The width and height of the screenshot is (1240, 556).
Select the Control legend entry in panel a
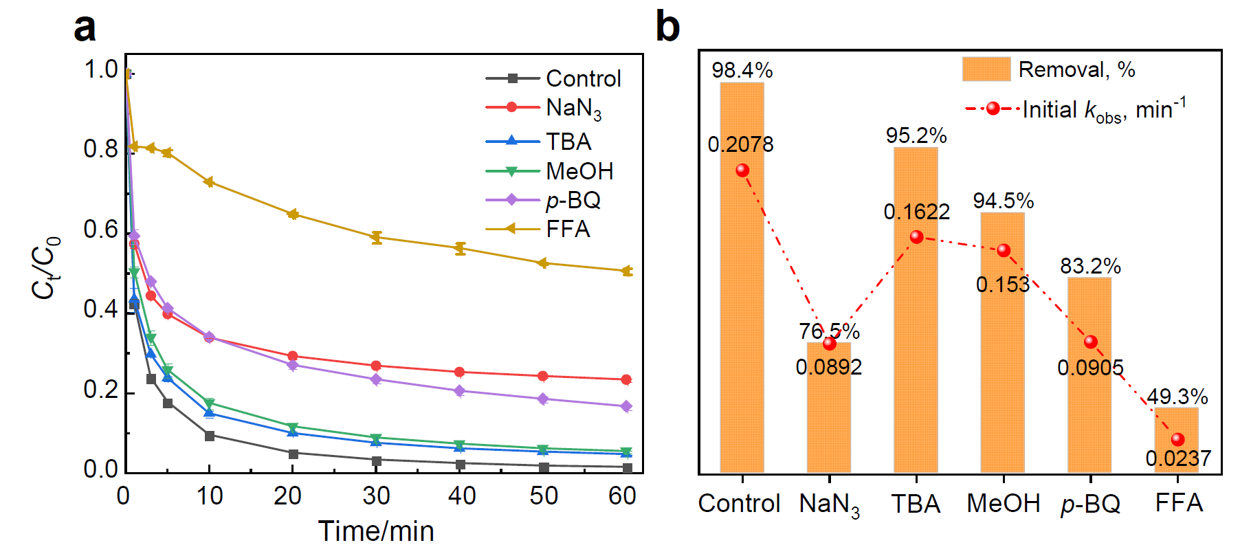click(x=553, y=78)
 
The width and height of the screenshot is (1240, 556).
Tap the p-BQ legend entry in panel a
click(x=544, y=200)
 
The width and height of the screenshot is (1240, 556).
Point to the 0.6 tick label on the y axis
click(x=101, y=229)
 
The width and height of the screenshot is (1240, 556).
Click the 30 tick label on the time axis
click(x=376, y=496)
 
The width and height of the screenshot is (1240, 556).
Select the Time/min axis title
click(x=376, y=531)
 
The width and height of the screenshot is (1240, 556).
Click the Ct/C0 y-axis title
click(x=46, y=268)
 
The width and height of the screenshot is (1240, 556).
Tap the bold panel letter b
click(x=667, y=27)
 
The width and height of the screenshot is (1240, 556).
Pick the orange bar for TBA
click(x=916, y=309)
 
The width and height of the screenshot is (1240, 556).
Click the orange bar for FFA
click(x=1176, y=440)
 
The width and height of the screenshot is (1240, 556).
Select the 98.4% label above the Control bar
click(x=742, y=70)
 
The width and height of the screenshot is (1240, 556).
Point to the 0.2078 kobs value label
click(x=741, y=144)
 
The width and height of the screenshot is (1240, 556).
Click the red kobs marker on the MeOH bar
click(x=1004, y=250)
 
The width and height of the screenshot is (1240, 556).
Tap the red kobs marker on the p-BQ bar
click(x=1090, y=342)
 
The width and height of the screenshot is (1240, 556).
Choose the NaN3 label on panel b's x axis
click(x=829, y=504)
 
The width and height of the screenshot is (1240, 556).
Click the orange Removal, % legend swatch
click(x=986, y=69)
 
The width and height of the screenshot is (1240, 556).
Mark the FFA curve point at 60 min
click(x=626, y=271)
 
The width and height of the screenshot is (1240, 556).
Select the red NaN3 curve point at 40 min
click(x=460, y=372)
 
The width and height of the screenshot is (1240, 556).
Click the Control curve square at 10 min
click(x=210, y=436)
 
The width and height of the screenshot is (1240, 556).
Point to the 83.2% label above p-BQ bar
click(x=1090, y=266)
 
